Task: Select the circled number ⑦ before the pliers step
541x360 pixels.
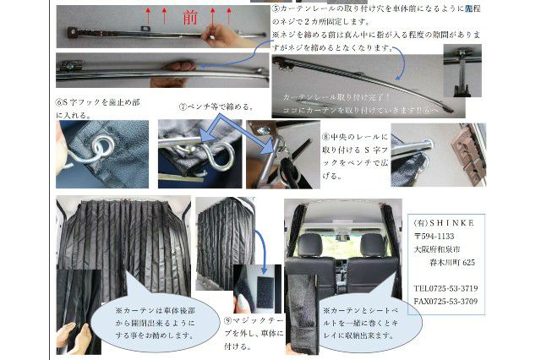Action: tap(183, 108)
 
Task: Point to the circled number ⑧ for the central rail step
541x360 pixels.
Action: tap(326, 136)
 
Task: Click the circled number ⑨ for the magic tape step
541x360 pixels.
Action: tap(228, 320)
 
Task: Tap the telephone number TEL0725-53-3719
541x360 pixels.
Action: tap(445, 288)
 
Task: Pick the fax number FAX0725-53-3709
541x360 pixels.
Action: tap(445, 302)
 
